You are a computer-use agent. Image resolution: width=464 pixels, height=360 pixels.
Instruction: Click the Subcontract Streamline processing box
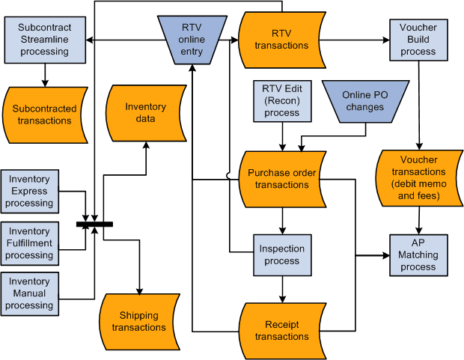point(43,40)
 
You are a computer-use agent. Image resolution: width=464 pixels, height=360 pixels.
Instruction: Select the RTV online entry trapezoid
point(192,38)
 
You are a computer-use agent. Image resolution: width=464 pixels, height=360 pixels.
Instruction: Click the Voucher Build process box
point(418,39)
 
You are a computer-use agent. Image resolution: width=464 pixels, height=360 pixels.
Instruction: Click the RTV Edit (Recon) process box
point(281,101)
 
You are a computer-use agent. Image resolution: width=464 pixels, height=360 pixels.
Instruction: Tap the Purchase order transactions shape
point(282,179)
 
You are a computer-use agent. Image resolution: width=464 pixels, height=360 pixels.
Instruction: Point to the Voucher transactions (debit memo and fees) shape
point(419,178)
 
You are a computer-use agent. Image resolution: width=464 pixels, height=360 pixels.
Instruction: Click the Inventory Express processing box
point(30,191)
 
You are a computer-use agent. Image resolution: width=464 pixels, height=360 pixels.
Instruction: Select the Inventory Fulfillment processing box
point(30,243)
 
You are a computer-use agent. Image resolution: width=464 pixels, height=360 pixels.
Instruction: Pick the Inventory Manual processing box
point(30,293)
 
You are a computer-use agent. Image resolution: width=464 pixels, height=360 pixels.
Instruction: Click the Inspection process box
point(281,254)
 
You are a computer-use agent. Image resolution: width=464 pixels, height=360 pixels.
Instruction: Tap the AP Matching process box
point(418,254)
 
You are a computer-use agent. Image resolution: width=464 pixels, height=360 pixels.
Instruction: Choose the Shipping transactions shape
point(138,321)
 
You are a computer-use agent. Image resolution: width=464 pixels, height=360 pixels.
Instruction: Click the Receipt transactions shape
point(281,330)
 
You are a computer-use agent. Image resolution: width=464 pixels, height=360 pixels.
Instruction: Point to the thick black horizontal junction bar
point(94,224)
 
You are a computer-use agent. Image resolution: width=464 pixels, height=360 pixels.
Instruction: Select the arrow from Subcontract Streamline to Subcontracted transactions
point(43,73)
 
